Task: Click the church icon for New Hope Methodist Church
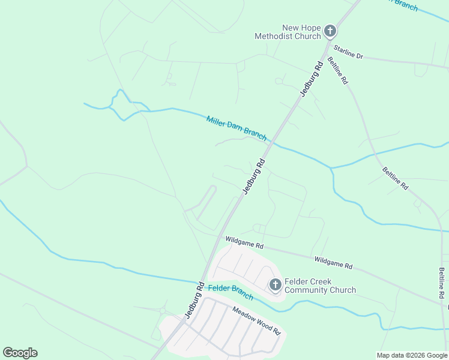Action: (330, 31)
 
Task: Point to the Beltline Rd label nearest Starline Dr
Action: (337, 70)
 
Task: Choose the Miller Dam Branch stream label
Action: (237, 128)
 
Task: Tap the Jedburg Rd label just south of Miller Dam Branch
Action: (254, 176)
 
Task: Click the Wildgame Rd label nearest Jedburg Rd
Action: (244, 242)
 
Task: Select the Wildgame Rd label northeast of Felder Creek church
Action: (333, 262)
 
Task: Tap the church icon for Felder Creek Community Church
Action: (275, 284)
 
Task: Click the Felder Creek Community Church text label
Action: (320, 286)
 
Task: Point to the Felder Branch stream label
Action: (231, 292)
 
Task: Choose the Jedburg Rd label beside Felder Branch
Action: (195, 300)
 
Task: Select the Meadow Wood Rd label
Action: (256, 320)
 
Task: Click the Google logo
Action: (20, 353)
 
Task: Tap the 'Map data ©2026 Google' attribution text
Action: (412, 355)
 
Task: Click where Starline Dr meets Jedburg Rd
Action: (326, 42)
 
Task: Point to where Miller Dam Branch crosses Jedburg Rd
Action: (271, 143)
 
